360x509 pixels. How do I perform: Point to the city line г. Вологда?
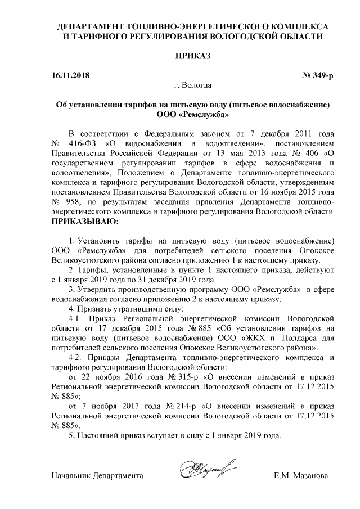coord(193,85)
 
